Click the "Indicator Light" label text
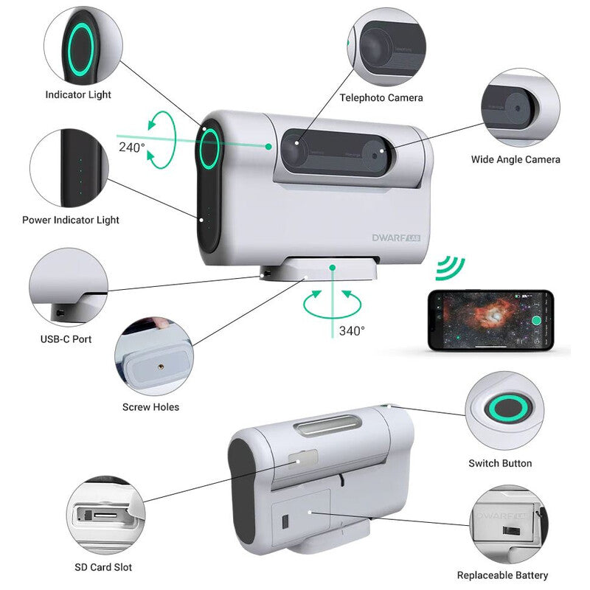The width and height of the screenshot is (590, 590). (78, 94)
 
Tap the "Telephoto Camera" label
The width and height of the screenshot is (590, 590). (381, 97)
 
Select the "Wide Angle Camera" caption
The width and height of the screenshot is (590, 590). (516, 159)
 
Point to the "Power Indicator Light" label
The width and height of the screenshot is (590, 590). (71, 220)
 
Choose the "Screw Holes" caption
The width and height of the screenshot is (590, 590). (150, 406)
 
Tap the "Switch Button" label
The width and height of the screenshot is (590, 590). (500, 463)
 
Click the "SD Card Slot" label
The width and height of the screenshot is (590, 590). (103, 567)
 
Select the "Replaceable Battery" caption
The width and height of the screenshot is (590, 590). (503, 575)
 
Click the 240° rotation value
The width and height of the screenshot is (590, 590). (132, 147)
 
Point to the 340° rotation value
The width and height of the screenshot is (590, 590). (352, 330)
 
